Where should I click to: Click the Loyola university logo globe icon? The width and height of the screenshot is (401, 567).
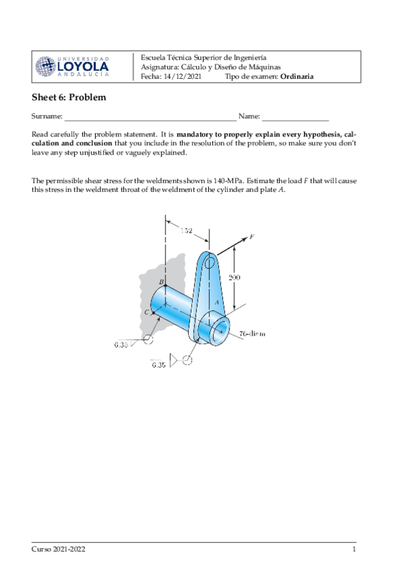(46, 66)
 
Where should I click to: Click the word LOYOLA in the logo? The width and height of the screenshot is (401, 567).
(83, 67)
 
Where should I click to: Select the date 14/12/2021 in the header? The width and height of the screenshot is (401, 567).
(183, 76)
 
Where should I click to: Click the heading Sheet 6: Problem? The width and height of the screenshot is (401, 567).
(69, 98)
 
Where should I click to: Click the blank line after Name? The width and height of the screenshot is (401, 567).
(295, 118)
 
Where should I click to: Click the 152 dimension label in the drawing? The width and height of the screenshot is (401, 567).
(186, 231)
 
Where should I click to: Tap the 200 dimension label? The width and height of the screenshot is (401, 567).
(234, 277)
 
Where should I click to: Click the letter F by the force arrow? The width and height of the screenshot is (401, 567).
(252, 236)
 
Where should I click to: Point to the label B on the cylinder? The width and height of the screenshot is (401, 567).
(161, 283)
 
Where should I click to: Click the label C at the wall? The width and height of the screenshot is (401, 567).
(147, 312)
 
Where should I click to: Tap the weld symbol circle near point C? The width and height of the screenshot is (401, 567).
(148, 340)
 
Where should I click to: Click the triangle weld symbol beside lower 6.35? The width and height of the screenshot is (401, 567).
(175, 361)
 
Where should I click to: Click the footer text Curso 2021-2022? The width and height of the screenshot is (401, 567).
(58, 549)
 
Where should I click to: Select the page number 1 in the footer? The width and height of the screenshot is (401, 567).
(353, 549)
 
